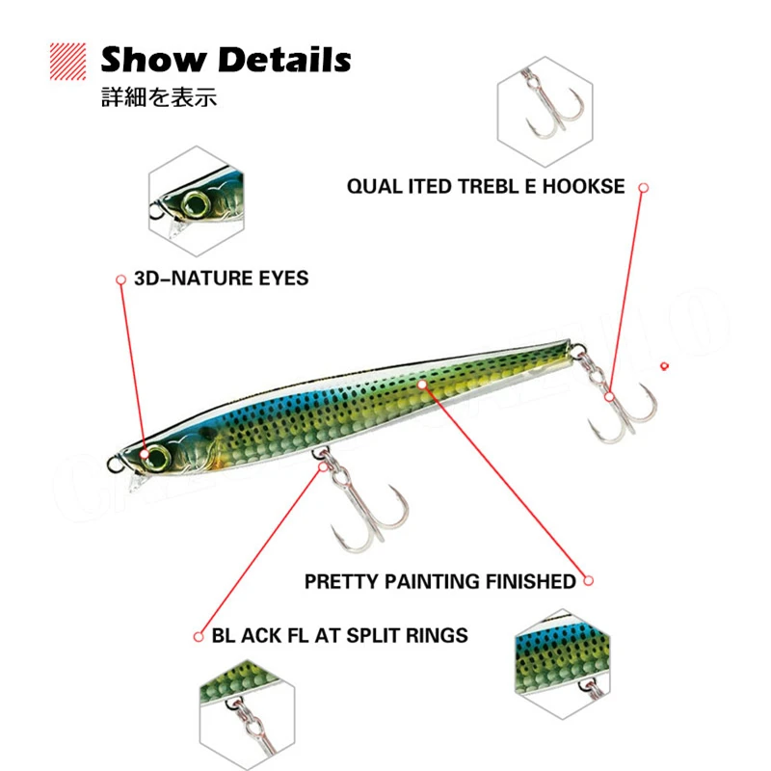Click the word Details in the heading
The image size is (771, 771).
[x=285, y=61]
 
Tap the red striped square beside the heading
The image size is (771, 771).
[x=72, y=61]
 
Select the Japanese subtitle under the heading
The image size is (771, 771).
[x=158, y=98]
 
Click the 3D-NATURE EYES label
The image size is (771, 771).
[x=222, y=279]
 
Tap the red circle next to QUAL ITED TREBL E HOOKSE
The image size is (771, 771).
[x=643, y=187]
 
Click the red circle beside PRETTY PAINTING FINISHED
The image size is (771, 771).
[x=589, y=581]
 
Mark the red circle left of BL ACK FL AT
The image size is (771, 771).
[x=198, y=635]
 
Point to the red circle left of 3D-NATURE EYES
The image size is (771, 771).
[x=120, y=279]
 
